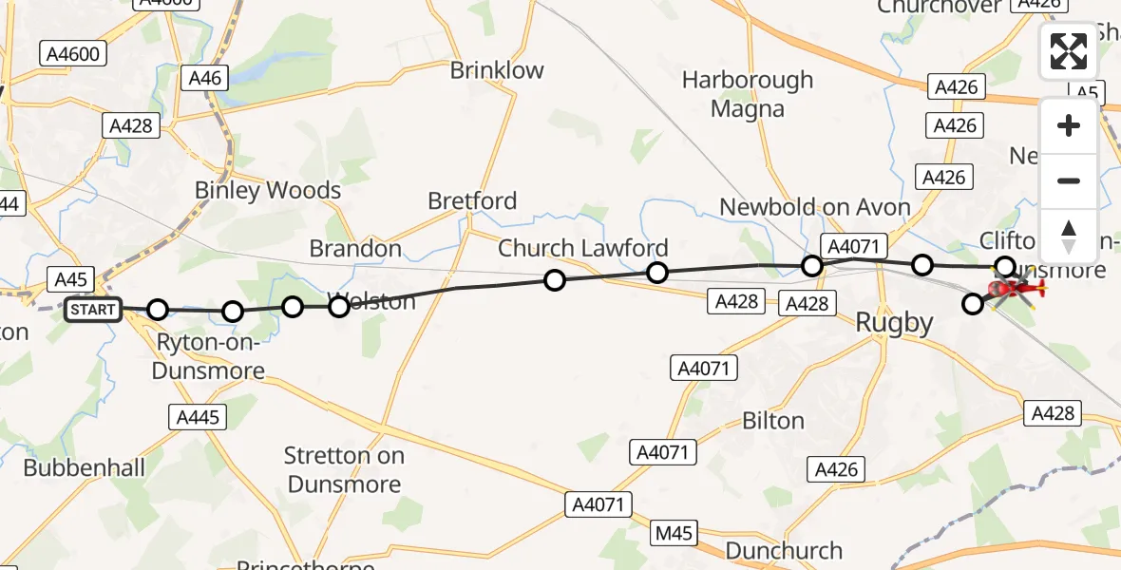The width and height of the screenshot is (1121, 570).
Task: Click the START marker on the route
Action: click(x=93, y=310)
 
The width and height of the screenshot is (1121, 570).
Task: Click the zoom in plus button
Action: click(x=1069, y=125)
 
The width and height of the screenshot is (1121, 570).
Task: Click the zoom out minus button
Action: click(x=1069, y=180)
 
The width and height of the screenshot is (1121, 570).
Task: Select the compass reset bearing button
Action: click(x=1069, y=236)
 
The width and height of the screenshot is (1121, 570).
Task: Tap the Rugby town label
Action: click(x=894, y=323)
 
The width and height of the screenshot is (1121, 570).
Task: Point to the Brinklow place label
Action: click(x=497, y=70)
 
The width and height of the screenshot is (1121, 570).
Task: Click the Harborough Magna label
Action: click(x=748, y=94)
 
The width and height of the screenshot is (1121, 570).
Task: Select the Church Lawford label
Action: click(x=583, y=248)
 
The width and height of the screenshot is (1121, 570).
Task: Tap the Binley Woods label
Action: click(x=268, y=190)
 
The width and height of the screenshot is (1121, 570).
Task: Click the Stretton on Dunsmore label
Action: click(x=343, y=470)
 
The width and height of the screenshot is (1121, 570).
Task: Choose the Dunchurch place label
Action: click(x=784, y=551)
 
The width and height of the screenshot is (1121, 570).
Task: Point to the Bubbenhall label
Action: click(x=85, y=468)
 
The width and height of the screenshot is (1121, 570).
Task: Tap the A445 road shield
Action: click(x=198, y=416)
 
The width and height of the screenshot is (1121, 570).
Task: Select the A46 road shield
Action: click(x=205, y=78)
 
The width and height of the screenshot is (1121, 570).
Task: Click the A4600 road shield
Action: click(x=73, y=54)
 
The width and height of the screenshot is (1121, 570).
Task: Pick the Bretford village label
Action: click(x=472, y=200)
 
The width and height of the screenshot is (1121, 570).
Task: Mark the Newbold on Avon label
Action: click(x=814, y=207)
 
